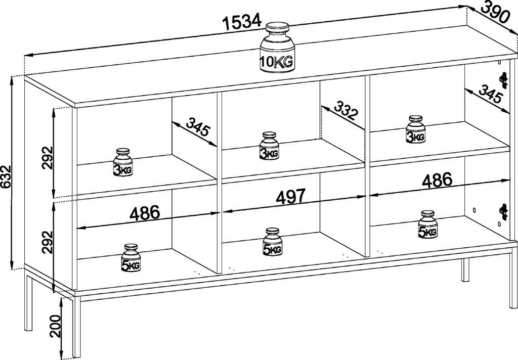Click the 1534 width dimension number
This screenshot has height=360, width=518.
241,22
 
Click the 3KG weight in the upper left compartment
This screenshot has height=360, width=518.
122,163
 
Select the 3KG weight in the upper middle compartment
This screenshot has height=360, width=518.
269,146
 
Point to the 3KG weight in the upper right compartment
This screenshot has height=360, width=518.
416,130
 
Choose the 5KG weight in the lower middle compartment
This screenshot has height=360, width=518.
273,242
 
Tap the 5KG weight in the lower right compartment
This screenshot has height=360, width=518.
427,225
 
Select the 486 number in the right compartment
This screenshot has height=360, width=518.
436,180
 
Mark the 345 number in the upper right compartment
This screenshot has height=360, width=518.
490,95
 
